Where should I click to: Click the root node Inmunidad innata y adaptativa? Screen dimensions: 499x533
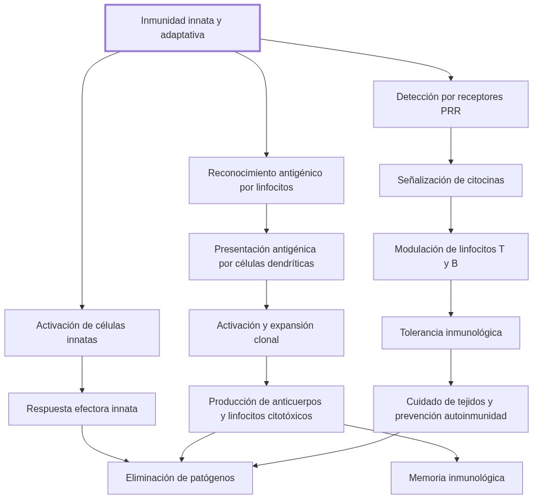(182, 28)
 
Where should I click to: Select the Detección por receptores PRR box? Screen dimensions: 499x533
(450, 104)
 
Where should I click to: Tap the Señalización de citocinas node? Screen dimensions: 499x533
(450, 180)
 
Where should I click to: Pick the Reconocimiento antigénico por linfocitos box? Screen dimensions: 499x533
(266, 180)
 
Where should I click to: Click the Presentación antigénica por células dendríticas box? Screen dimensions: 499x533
(266, 257)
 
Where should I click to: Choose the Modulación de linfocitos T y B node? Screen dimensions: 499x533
(450, 257)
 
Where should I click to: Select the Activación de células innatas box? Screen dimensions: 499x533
(82, 333)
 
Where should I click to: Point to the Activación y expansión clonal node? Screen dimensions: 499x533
(266, 333)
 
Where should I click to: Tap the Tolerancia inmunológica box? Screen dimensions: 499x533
(450, 333)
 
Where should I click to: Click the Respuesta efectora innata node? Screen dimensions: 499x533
(82, 409)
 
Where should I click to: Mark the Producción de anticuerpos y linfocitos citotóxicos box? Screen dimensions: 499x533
(266, 409)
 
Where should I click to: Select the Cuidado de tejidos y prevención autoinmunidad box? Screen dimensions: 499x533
(450, 409)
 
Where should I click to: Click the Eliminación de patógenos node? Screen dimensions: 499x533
(180, 478)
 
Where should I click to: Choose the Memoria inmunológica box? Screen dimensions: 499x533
(456, 478)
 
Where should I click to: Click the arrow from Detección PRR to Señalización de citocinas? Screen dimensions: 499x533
(450, 146)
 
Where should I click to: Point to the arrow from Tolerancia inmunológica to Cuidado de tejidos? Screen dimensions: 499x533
(450, 367)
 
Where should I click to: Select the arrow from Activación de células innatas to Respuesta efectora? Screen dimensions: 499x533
(82, 375)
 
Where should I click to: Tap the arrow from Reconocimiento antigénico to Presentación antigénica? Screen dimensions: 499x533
(266, 219)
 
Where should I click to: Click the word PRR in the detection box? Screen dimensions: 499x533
(450, 111)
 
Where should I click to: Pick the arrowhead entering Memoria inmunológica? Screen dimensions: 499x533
(456, 459)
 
